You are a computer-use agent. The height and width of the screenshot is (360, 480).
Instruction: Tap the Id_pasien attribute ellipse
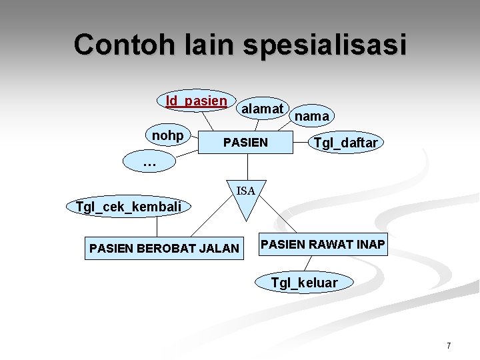197,101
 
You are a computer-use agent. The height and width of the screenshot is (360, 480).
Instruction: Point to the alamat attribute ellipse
263,107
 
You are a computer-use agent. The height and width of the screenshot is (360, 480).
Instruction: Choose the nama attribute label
311,117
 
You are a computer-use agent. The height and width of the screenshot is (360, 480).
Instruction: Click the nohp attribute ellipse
168,136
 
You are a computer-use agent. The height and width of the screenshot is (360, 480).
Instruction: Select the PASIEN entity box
245,142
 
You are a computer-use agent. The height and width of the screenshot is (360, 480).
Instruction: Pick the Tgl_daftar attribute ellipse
345,143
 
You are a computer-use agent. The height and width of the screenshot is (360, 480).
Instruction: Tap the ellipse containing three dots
149,161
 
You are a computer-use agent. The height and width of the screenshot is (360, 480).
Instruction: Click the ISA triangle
246,197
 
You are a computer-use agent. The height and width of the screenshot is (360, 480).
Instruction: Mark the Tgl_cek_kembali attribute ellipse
129,207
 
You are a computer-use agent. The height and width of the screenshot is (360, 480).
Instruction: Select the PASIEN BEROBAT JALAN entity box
164,248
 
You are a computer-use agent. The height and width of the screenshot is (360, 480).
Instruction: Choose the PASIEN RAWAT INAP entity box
323,245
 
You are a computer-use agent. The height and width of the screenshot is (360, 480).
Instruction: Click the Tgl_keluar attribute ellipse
304,283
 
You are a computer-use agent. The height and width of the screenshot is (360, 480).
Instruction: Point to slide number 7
449,346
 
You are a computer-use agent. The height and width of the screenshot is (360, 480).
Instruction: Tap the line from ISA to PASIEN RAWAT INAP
279,221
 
